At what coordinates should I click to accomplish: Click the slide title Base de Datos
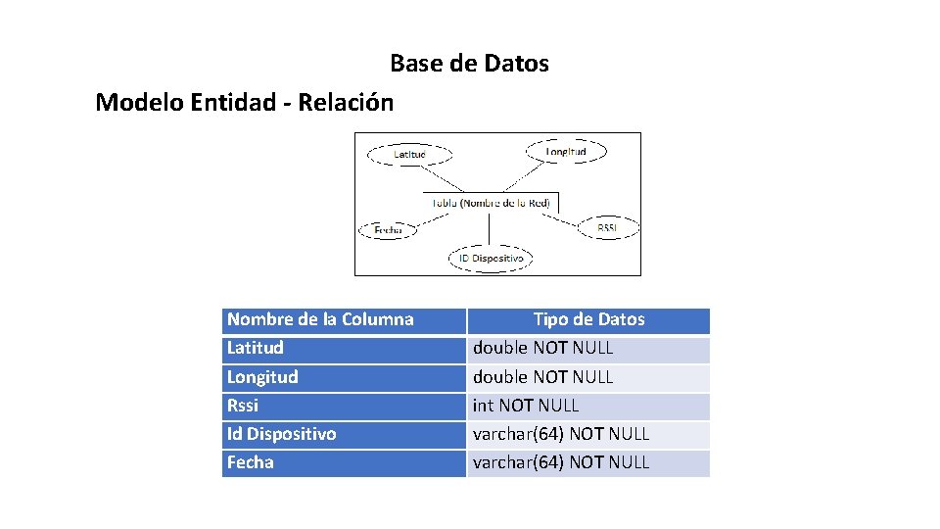[x=469, y=64]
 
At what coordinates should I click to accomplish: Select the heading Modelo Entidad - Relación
[x=245, y=102]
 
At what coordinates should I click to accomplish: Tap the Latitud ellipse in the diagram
[x=409, y=155]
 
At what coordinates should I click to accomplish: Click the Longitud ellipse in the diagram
[x=566, y=152]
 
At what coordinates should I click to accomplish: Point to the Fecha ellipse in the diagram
[x=388, y=230]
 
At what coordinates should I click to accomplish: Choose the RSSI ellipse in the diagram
[x=607, y=227]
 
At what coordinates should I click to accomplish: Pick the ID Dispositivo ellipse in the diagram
[x=491, y=259]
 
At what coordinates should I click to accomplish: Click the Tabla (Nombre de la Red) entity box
[x=493, y=203]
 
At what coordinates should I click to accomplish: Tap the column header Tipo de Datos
[x=588, y=319]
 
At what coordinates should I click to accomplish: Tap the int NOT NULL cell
[x=588, y=406]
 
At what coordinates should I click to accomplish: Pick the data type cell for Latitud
[x=588, y=348]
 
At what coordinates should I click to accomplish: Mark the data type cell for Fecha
[x=588, y=462]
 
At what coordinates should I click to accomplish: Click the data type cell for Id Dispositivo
[x=588, y=434]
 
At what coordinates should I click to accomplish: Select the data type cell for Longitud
[x=588, y=377]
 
